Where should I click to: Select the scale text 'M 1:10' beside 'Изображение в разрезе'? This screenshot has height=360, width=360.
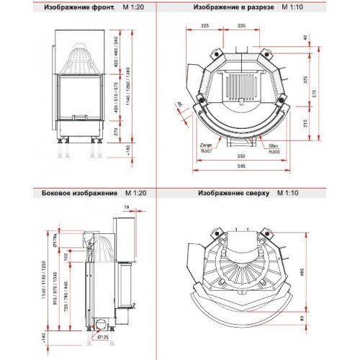293,7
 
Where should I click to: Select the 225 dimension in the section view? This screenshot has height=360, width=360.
205,25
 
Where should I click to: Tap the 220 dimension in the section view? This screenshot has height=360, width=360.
241,25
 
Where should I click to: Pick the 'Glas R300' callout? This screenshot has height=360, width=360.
274,148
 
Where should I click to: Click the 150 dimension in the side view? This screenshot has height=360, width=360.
63,257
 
